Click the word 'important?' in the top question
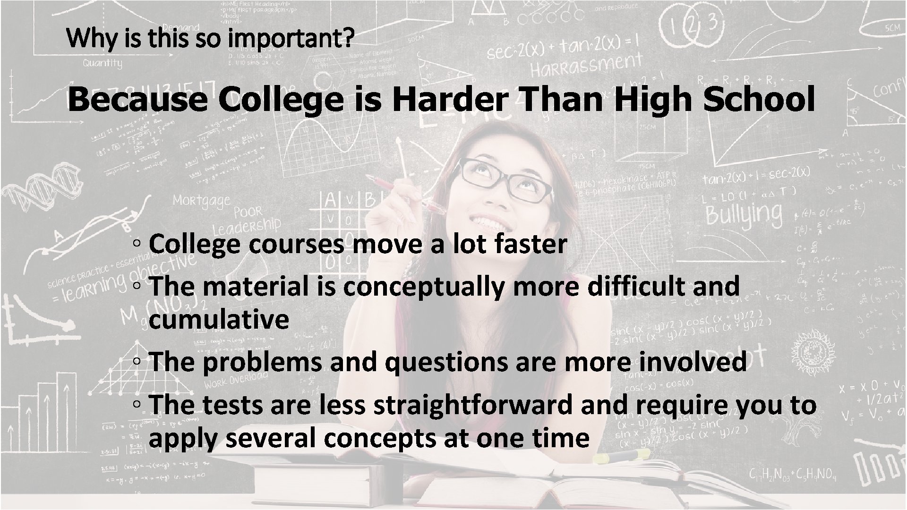pos(290,39)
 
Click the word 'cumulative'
pos(219,320)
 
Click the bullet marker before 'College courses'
pos(136,245)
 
